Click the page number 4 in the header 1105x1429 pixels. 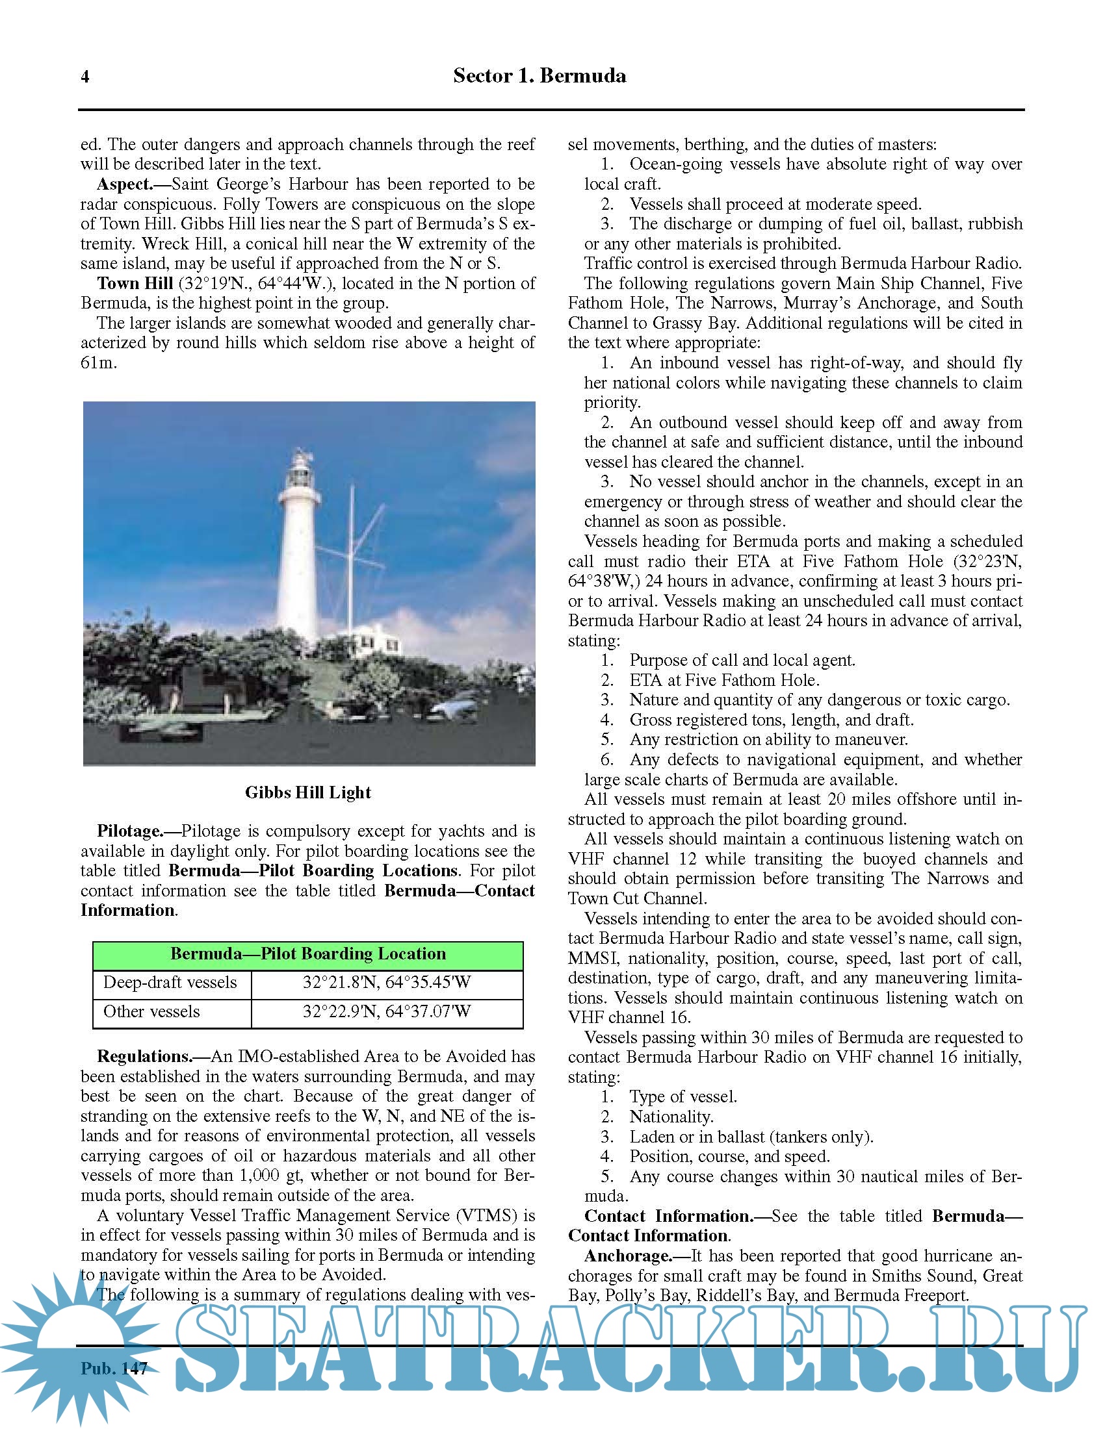point(85,77)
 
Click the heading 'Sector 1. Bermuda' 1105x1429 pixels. point(539,76)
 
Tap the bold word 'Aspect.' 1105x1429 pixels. point(124,184)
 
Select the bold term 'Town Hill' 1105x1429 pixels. point(135,283)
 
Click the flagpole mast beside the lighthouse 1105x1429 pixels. point(352,556)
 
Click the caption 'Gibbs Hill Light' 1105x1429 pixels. point(307,792)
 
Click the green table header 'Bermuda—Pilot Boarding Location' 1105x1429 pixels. point(307,954)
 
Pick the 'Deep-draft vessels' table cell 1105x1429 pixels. point(170,983)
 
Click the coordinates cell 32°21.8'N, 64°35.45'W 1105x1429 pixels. point(386,983)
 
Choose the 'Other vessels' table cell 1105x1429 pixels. point(152,1011)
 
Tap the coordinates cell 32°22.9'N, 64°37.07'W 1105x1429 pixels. point(386,1011)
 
